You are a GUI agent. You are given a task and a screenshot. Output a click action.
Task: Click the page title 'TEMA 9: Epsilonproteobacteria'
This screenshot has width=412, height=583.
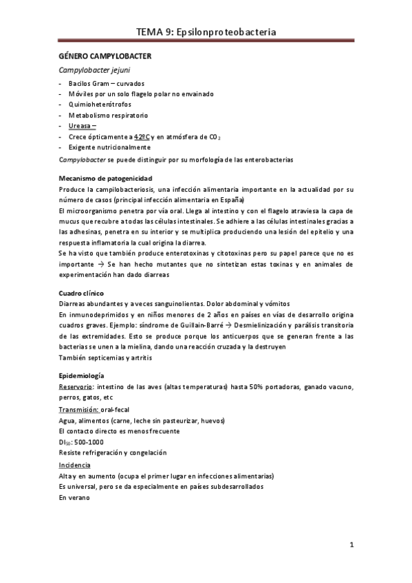click(x=206, y=32)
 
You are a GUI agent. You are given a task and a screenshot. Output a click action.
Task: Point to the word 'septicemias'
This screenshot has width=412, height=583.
click(x=105, y=357)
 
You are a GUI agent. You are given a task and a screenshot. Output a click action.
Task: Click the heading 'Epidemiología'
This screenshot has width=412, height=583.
click(x=82, y=376)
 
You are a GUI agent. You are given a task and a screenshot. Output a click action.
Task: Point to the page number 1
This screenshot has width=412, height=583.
click(x=351, y=547)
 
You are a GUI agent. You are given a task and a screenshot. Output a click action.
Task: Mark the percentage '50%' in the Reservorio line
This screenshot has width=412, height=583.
click(x=230, y=387)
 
